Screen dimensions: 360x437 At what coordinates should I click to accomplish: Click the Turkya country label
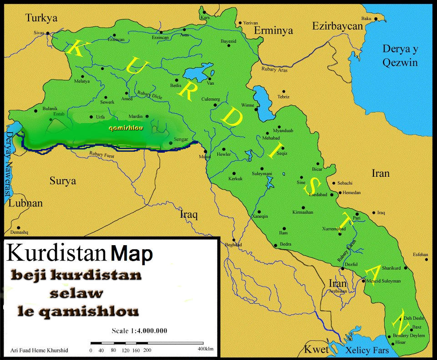[41, 18]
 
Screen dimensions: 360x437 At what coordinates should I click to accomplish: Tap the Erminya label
[273, 31]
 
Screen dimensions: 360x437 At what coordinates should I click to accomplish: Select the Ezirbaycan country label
[337, 26]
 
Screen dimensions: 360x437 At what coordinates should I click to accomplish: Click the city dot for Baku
[376, 19]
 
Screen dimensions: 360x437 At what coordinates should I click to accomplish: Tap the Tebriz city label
[283, 97]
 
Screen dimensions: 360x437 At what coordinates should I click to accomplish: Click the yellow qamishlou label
[126, 129]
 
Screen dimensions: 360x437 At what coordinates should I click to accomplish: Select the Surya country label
[63, 181]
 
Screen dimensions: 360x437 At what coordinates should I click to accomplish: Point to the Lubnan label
[25, 203]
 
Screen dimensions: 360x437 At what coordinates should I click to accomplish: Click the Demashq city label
[19, 232]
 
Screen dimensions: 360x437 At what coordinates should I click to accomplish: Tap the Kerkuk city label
[235, 179]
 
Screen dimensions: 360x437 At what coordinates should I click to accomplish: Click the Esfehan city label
[420, 254]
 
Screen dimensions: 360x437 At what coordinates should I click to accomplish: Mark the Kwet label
[316, 350]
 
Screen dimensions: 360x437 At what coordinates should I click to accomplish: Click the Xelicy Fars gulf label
[367, 350]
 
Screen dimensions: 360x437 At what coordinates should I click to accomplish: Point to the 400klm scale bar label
[205, 349]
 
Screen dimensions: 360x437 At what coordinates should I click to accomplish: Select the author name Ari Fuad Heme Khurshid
[39, 350]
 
